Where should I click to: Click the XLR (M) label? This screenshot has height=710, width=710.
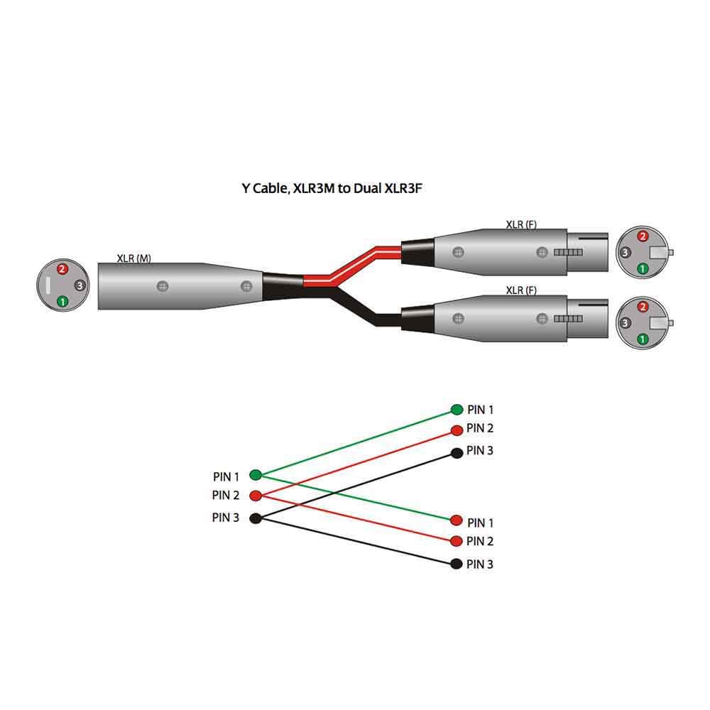134,258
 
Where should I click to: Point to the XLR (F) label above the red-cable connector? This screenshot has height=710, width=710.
521,225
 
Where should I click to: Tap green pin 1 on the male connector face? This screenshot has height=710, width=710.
62,301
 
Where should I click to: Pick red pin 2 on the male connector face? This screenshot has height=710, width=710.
62,270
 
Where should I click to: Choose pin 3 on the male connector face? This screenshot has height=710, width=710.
80,285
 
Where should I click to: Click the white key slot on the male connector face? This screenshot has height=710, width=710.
48,285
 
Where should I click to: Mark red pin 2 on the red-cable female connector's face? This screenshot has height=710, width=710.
643,236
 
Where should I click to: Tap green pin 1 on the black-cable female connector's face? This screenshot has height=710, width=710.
643,339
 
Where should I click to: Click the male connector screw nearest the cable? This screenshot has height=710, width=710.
246,286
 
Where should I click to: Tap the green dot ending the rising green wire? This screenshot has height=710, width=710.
457,410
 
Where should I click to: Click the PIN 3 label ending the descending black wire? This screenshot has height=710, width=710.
480,564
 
